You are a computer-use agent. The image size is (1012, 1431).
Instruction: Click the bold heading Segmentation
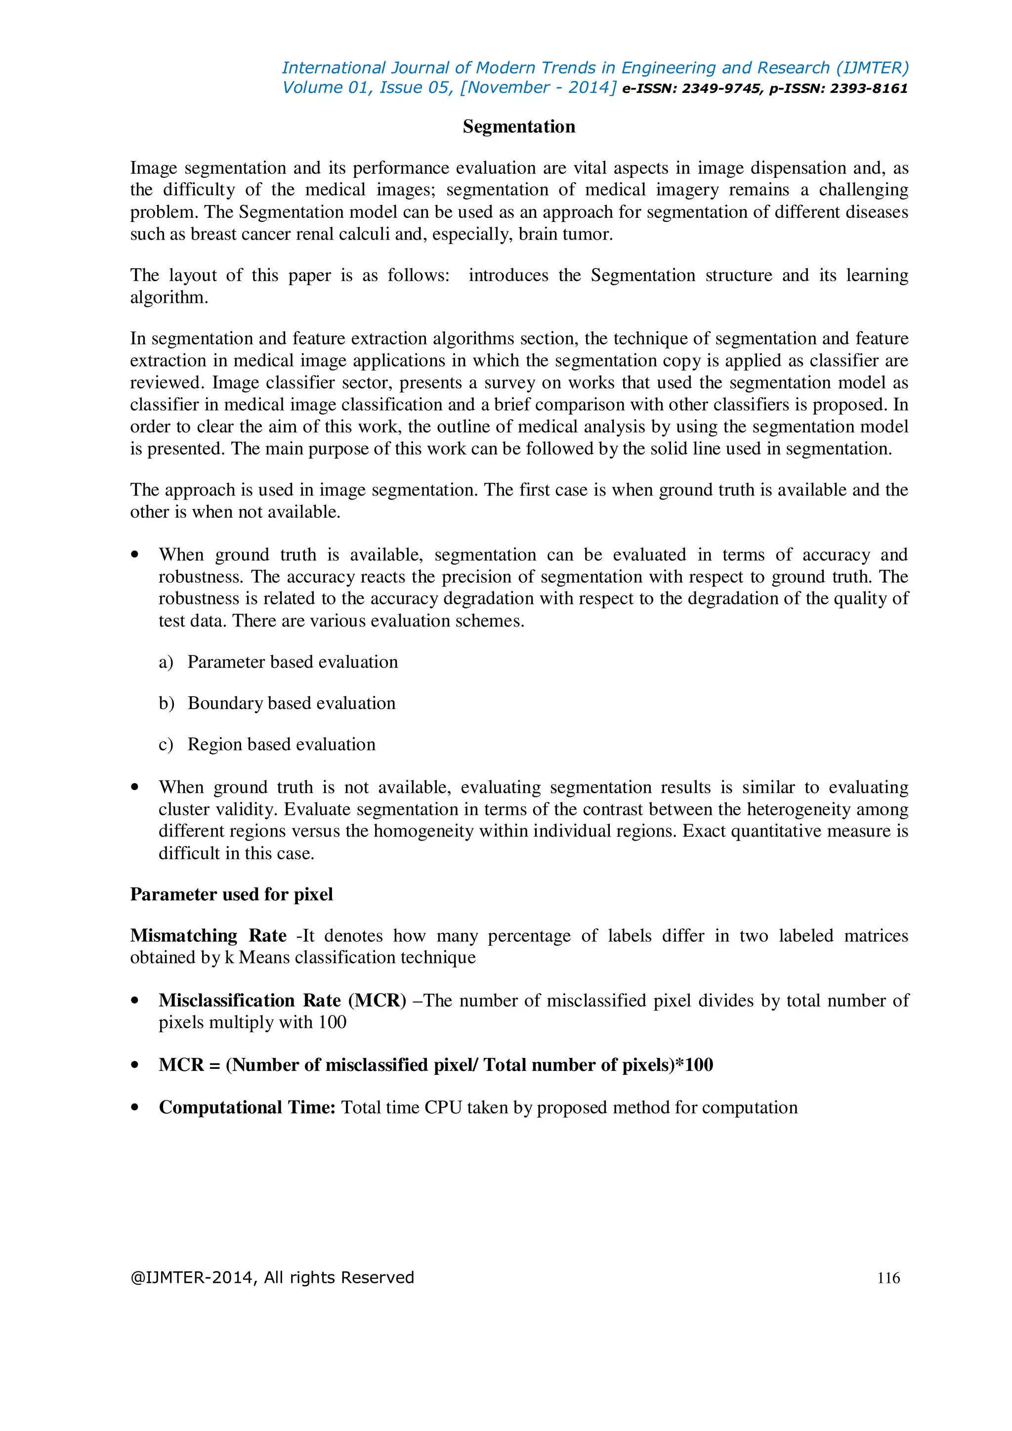518,126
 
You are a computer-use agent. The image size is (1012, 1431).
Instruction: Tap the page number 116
888,1278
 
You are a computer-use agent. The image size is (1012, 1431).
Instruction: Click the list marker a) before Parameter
166,662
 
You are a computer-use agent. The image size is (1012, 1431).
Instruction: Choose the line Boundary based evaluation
291,703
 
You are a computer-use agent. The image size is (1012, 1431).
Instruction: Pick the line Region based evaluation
281,744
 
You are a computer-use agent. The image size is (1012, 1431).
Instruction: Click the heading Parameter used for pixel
231,894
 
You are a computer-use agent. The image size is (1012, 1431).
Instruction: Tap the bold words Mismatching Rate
208,935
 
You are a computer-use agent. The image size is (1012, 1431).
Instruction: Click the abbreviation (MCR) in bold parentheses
377,1000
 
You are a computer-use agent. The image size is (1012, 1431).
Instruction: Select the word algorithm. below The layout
169,297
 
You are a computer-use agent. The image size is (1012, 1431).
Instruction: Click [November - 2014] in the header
538,87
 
